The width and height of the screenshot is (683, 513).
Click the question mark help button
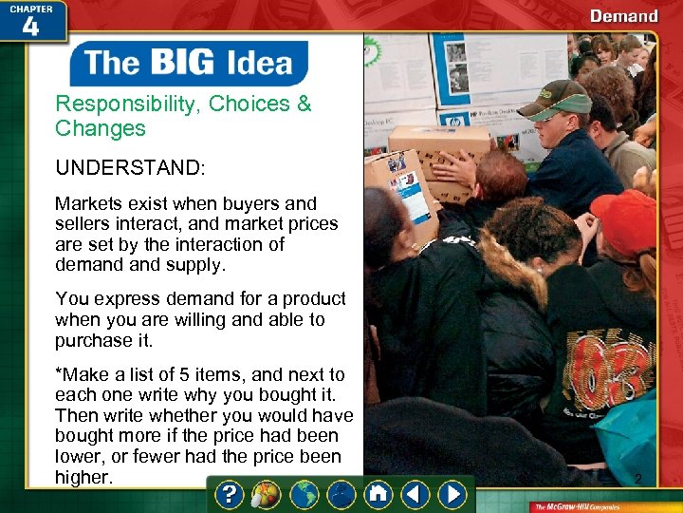(231, 494)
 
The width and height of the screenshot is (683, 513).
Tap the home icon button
(378, 494)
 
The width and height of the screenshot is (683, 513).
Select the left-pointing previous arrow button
(415, 494)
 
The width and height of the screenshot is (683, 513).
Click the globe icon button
(304, 494)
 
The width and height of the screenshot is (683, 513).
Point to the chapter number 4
(30, 27)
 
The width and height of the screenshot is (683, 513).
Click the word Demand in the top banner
(623, 16)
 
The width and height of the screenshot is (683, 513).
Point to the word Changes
(101, 128)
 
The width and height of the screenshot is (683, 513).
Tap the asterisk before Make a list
(59, 374)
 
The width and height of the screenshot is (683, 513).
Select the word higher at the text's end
(83, 477)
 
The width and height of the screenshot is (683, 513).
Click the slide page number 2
(637, 479)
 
